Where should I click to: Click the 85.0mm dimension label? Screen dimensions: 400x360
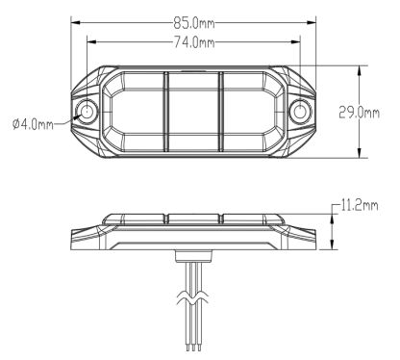194,23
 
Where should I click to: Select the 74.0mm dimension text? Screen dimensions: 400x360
194,42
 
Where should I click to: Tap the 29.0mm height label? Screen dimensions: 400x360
359,113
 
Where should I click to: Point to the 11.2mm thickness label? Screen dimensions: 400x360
360,205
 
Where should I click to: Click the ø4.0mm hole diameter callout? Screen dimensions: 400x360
33,124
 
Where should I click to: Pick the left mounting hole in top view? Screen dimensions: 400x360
87,112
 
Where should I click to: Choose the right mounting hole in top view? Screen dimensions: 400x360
300,112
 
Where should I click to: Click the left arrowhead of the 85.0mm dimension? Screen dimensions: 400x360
75,23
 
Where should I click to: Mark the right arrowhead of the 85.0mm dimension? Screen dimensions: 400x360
312,23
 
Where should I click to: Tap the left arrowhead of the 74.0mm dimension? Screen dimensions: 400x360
91,41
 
